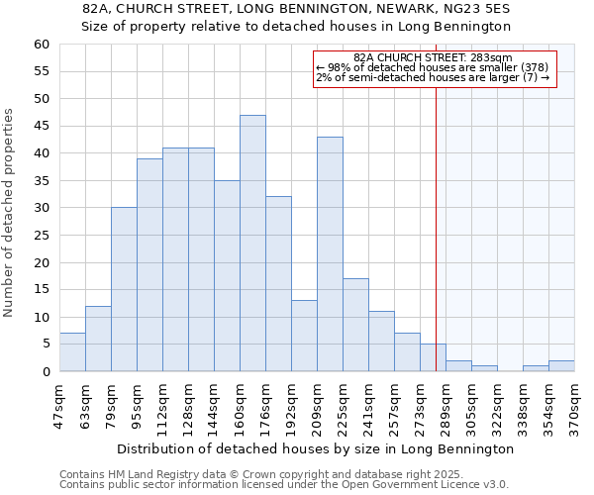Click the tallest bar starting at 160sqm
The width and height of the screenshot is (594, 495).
click(x=252, y=244)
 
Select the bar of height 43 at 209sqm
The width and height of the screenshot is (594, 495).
click(x=330, y=254)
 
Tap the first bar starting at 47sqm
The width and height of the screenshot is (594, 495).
click(x=72, y=352)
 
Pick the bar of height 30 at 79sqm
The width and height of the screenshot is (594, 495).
click(x=124, y=289)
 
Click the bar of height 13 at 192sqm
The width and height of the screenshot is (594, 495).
click(x=304, y=336)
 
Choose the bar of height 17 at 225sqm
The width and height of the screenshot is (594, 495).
click(x=355, y=325)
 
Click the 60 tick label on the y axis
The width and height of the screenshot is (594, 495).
click(x=41, y=45)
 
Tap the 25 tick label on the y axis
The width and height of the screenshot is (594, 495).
click(x=41, y=236)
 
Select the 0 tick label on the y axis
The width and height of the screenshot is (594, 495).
click(x=45, y=372)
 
